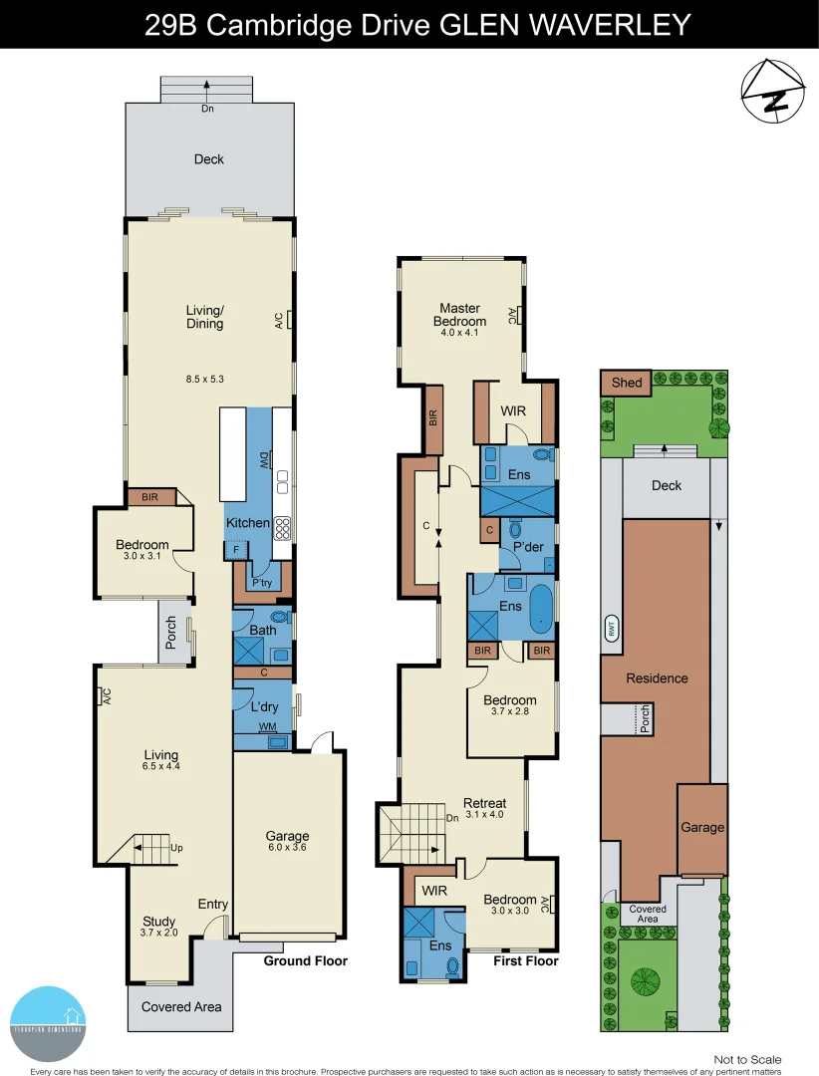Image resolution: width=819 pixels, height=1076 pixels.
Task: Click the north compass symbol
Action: pyautogui.click(x=773, y=92)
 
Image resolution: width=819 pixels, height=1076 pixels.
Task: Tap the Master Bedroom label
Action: pyautogui.click(x=459, y=314)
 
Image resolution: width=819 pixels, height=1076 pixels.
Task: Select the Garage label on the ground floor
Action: pyautogui.click(x=287, y=836)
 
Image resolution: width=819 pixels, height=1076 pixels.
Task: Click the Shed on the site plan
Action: pyautogui.click(x=627, y=383)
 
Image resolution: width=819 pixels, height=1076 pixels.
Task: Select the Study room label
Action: pyautogui.click(x=159, y=922)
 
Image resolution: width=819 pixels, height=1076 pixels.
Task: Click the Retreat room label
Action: pyautogui.click(x=484, y=803)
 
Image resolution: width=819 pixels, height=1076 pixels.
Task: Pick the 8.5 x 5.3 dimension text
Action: pyautogui.click(x=205, y=379)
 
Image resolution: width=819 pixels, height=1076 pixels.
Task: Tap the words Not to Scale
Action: pyautogui.click(x=747, y=1059)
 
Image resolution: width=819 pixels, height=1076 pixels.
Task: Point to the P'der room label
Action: pyautogui.click(x=527, y=549)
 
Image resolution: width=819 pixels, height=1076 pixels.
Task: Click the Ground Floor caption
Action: pyautogui.click(x=305, y=960)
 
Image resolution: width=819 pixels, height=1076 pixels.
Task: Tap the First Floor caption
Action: pyautogui.click(x=526, y=960)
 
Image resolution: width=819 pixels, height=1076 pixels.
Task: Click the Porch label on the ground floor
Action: pyautogui.click(x=171, y=632)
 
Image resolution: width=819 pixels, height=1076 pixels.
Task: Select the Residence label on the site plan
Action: pyautogui.click(x=657, y=677)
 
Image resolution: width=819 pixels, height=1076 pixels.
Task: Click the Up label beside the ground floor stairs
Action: pyautogui.click(x=177, y=848)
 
